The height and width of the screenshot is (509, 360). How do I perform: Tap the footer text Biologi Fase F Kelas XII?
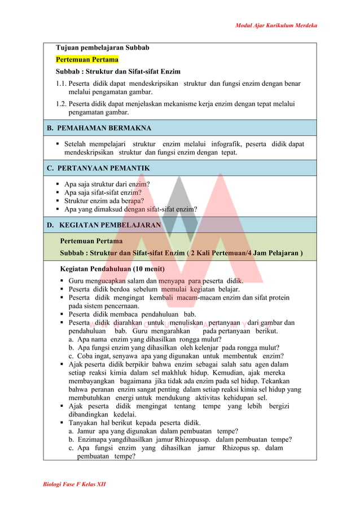pos(74,484)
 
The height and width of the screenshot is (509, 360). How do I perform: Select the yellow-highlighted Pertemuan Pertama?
pos(87,59)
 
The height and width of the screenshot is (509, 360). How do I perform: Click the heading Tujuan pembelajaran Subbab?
pos(102,47)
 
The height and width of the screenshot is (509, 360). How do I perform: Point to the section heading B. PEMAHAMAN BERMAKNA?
pos(99,128)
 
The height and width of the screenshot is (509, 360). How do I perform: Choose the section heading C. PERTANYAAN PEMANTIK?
pos(98,168)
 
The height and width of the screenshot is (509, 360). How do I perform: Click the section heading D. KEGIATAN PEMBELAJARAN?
pos(104,225)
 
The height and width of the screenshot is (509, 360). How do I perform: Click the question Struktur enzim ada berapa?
pos(104,200)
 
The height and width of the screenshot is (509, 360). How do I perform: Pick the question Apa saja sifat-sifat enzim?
pos(103,192)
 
